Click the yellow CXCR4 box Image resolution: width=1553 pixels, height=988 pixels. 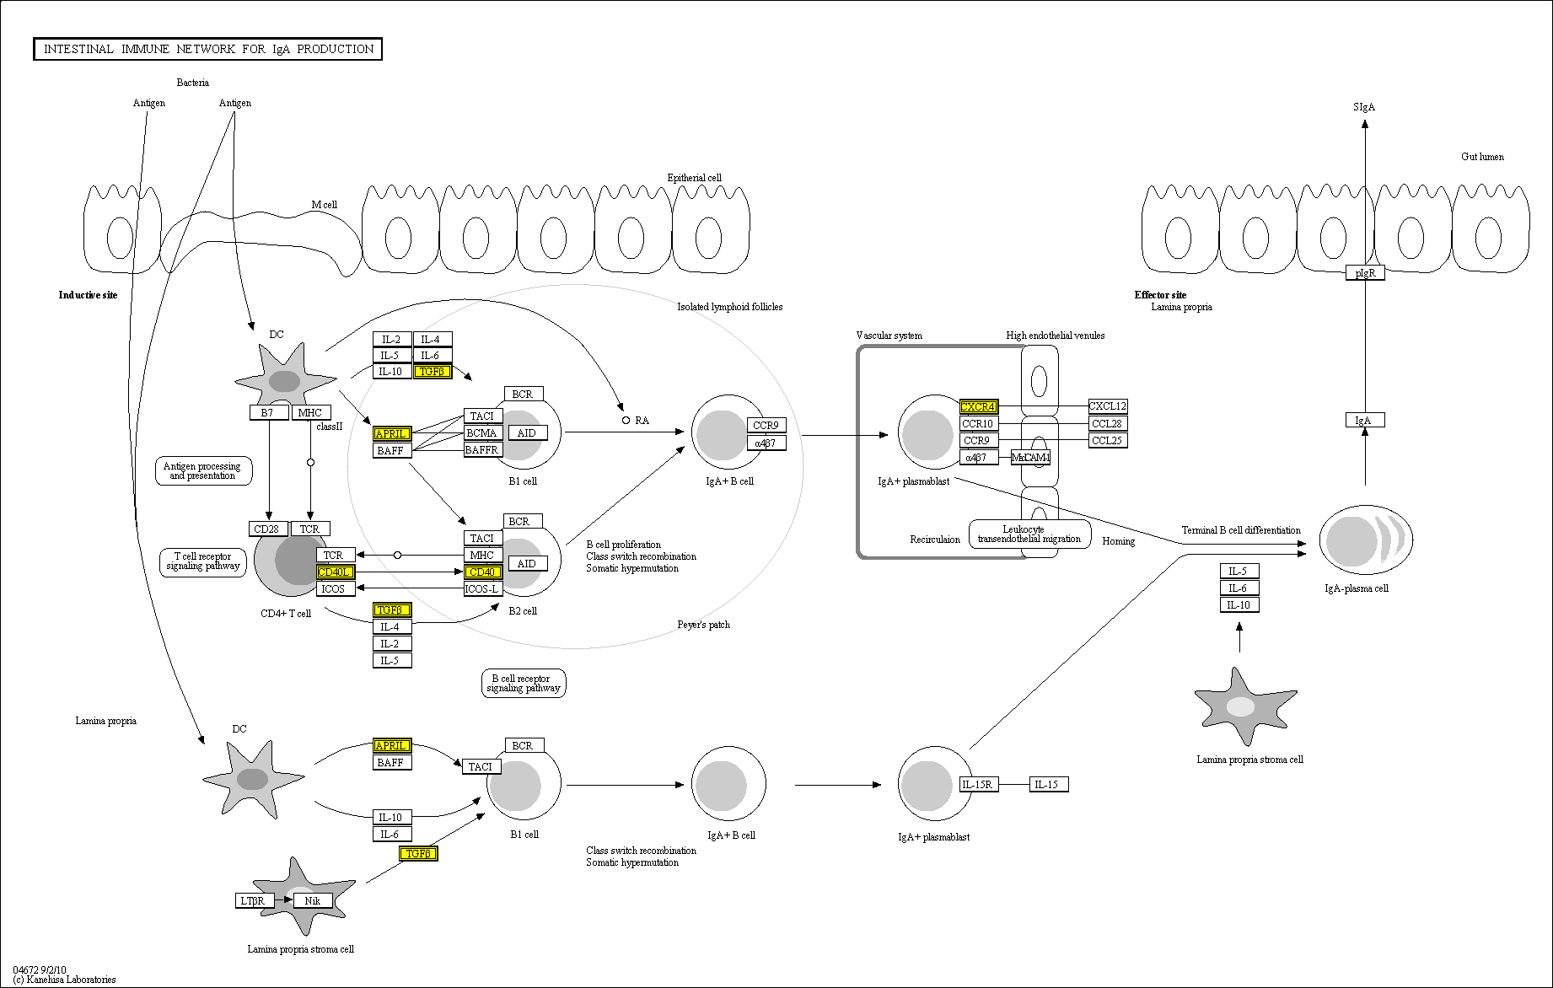978,406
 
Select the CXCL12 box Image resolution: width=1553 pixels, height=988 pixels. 1107,406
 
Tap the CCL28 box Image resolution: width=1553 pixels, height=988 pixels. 1107,423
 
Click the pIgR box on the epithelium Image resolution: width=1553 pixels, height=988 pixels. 1365,272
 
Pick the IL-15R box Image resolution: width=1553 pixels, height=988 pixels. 978,784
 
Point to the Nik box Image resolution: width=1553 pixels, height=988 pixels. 313,900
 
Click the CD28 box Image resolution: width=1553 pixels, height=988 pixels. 266,529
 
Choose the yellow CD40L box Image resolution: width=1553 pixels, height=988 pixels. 335,572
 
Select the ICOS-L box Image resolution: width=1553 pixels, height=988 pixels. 482,588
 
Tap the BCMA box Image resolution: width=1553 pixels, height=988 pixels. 482,432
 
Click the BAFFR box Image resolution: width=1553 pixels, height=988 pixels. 482,449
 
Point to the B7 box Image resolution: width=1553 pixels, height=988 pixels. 267,412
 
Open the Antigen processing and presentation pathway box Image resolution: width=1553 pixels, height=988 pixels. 202,470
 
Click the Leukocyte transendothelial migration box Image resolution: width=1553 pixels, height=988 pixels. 1029,534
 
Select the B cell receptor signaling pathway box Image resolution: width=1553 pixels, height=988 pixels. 523,683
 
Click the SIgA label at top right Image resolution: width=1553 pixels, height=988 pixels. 1363,107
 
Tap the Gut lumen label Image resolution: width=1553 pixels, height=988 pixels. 1482,157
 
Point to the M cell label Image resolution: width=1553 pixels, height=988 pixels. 324,205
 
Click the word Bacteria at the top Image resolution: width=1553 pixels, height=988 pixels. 193,83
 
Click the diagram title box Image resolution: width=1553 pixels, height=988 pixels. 208,49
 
